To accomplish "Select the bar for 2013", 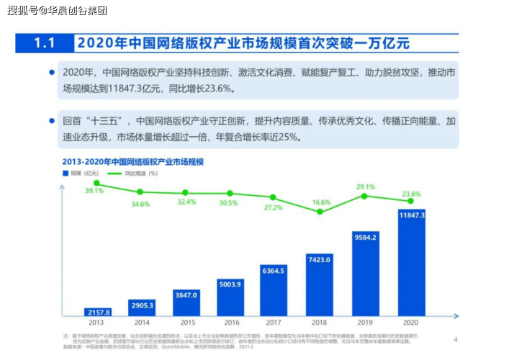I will coord(96,312).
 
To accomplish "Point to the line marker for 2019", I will coord(365,196).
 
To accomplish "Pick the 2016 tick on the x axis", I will coord(231,323).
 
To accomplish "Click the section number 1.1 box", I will coord(45,43).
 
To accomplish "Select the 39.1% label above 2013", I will coord(94,192).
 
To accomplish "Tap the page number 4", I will coord(455,338).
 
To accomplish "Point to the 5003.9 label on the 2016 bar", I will coord(231,284).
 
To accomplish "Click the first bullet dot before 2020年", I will coord(52,72).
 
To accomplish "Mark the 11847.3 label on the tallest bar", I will coord(411,215).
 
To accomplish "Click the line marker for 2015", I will coord(186,193).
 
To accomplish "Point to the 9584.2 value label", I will coord(365,236).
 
